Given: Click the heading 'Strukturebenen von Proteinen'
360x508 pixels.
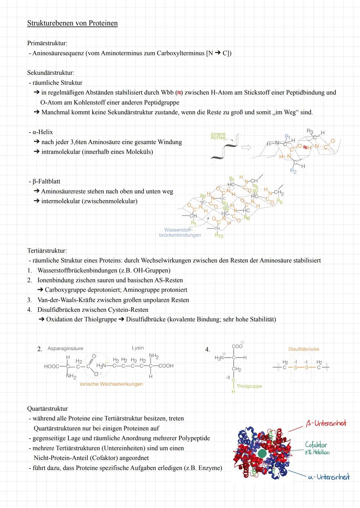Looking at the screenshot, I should (x=72, y=23).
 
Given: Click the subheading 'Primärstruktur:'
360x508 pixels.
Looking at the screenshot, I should (x=47, y=43).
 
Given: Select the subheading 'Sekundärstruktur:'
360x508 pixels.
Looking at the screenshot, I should (x=51, y=73).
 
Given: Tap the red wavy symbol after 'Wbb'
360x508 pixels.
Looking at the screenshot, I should (x=179, y=93).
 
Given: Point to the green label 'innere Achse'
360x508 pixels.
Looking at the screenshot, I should (x=218, y=136).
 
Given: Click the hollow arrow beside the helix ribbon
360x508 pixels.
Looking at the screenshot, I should (x=246, y=147).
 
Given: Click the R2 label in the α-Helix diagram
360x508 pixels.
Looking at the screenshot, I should (x=293, y=171).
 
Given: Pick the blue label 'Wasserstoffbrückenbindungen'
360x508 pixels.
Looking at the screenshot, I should (x=180, y=233).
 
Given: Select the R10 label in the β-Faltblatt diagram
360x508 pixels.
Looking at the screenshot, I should (x=219, y=236).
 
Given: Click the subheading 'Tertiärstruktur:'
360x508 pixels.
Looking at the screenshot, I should (x=47, y=251).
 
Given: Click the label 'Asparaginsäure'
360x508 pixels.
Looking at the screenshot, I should (x=65, y=348).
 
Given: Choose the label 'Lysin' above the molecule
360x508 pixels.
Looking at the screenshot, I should (x=138, y=348).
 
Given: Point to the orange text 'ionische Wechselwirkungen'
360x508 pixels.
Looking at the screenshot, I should (x=111, y=384).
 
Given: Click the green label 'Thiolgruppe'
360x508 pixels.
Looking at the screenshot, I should (x=249, y=386).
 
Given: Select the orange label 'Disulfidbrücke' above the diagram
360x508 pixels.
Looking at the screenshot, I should (x=304, y=349).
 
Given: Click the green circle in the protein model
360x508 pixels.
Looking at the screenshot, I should (x=262, y=453).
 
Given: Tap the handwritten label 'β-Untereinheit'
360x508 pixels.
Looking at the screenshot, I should (x=326, y=423).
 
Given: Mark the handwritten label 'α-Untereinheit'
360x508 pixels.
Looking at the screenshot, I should (x=329, y=477).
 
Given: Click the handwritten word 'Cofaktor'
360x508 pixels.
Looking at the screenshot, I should (x=316, y=445).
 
